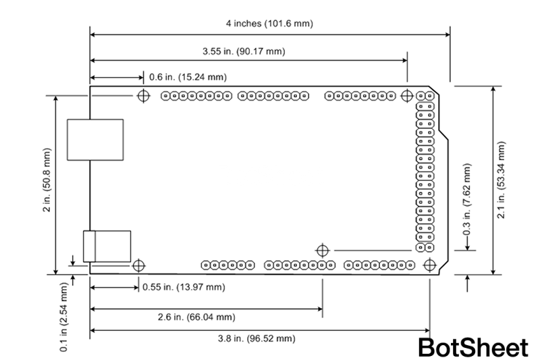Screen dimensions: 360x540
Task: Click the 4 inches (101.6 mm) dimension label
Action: coord(269,24)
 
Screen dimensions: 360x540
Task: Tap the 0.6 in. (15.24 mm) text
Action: coord(188,77)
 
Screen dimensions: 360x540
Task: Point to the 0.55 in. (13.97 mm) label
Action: coord(183,287)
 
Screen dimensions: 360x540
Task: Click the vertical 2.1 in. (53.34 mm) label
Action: coord(500,180)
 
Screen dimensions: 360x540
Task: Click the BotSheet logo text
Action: coord(472,347)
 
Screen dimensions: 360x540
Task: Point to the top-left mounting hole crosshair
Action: coord(143,95)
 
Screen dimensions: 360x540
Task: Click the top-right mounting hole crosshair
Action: coord(406,95)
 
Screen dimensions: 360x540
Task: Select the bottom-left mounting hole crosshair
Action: coord(138,264)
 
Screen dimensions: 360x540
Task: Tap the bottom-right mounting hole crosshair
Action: coord(429,264)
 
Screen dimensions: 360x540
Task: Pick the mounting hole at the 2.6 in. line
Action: coord(321,250)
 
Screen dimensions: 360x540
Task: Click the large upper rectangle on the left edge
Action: coord(95,140)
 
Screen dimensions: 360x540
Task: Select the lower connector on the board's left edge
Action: coord(108,246)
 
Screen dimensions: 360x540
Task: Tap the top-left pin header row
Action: coord(195,96)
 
